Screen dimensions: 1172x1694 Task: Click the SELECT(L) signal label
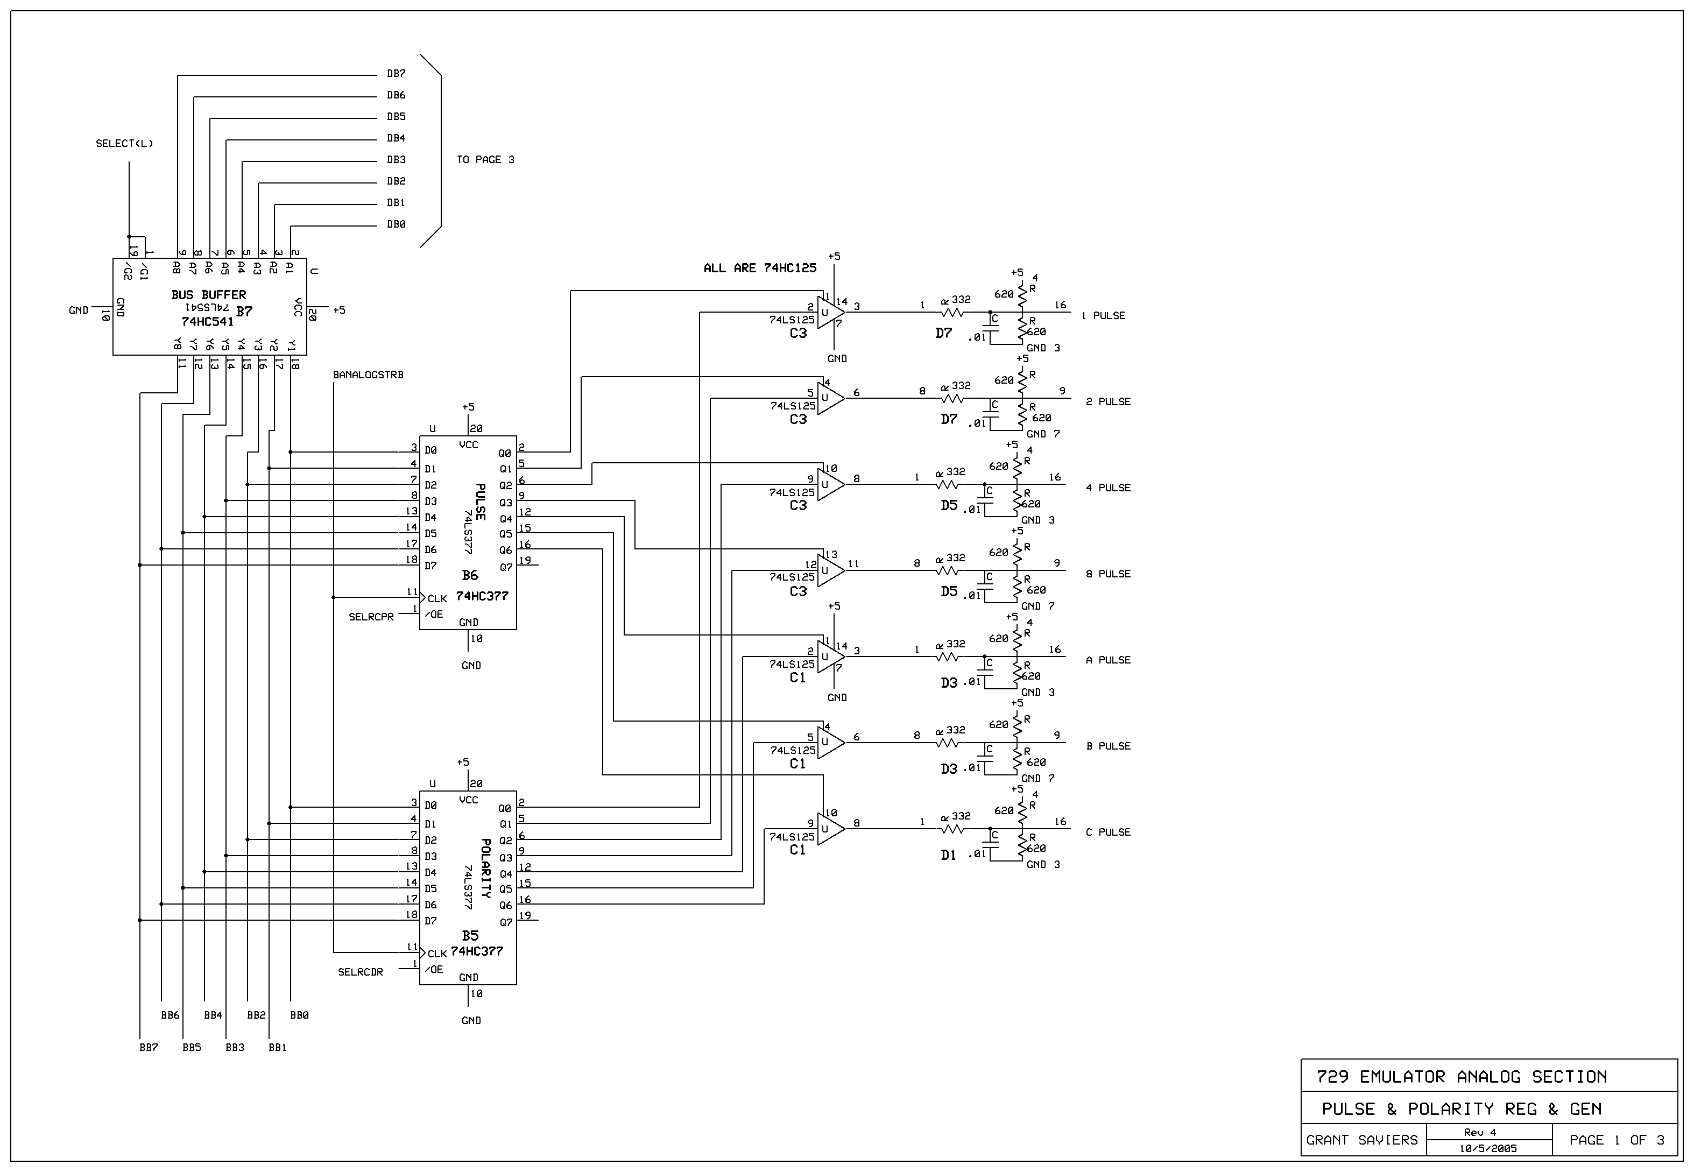pyautogui.click(x=124, y=143)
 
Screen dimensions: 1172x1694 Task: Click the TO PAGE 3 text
pyautogui.click(x=485, y=159)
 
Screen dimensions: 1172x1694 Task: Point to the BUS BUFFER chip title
pyautogui.click(x=209, y=294)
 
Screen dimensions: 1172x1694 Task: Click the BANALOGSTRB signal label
pyautogui.click(x=368, y=375)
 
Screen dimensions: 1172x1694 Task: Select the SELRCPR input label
pyautogui.click(x=371, y=617)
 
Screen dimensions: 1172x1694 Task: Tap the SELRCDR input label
pyautogui.click(x=360, y=971)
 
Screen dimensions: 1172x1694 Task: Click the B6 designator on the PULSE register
pyautogui.click(x=469, y=576)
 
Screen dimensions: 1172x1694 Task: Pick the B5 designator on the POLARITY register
pyautogui.click(x=469, y=936)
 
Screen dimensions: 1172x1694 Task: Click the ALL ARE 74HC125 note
pyautogui.click(x=759, y=268)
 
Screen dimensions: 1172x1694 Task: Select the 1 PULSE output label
pyautogui.click(x=1103, y=316)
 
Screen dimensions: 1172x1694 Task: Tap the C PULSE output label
pyautogui.click(x=1107, y=832)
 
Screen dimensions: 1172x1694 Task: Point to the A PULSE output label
pyautogui.click(x=1107, y=660)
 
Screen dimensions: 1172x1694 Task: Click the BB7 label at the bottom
pyautogui.click(x=149, y=1047)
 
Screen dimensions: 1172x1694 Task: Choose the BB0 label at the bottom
pyautogui.click(x=299, y=1015)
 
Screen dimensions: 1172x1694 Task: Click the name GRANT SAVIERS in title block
pyautogui.click(x=1361, y=1140)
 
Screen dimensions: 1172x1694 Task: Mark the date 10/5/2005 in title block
pyautogui.click(x=1488, y=1148)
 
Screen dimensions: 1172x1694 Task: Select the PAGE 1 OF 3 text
pyautogui.click(x=1615, y=1140)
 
